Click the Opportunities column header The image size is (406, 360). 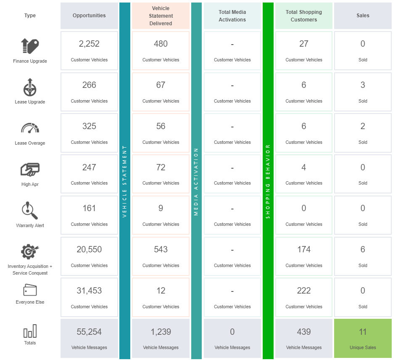[x=89, y=16]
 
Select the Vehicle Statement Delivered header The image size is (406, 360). [x=161, y=16]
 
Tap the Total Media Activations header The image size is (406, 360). [x=232, y=16]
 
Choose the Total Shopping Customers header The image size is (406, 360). [x=303, y=16]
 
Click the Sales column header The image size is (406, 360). [x=363, y=16]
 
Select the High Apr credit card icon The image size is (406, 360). [x=30, y=169]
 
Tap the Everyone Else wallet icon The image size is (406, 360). [x=30, y=290]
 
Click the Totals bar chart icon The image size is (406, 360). [x=30, y=331]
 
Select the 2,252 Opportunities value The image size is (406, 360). [x=89, y=44]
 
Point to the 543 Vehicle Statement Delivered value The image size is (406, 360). [x=161, y=249]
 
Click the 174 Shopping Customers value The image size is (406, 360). [x=303, y=249]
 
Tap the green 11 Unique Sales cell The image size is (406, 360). [x=363, y=338]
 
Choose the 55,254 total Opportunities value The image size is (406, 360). [x=89, y=332]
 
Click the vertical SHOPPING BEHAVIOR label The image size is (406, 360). [x=268, y=181]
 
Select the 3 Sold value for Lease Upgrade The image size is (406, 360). [x=363, y=85]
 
